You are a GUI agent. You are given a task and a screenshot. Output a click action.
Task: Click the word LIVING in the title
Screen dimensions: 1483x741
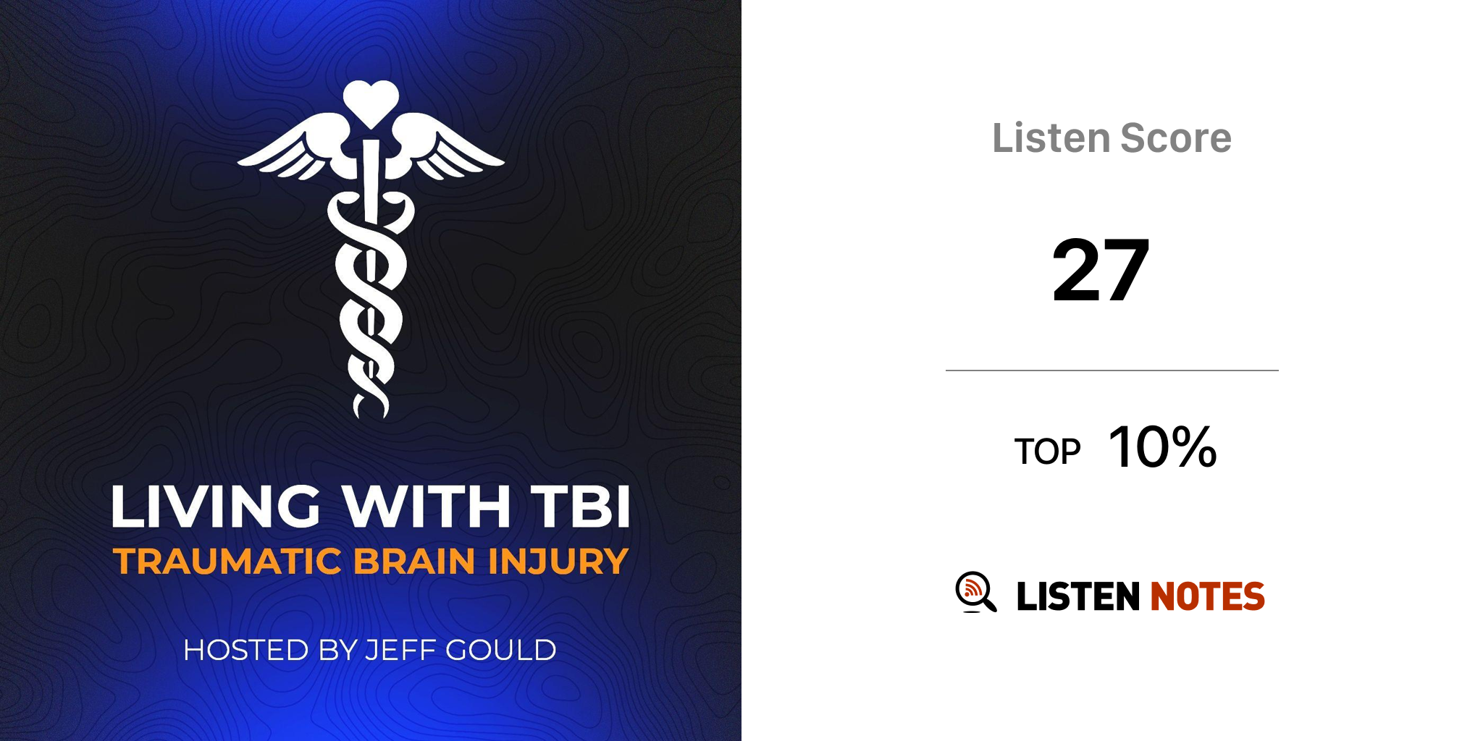tap(215, 506)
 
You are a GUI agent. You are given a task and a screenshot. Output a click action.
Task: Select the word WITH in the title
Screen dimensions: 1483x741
tap(427, 506)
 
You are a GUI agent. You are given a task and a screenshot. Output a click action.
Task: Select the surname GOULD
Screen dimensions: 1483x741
tap(500, 650)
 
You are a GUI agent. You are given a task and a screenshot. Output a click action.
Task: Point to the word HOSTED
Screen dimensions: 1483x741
tap(246, 650)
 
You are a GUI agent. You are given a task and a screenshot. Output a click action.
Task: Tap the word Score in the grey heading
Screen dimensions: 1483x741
tap(1176, 137)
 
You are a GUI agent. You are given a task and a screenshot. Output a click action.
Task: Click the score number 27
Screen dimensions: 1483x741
tap(1101, 270)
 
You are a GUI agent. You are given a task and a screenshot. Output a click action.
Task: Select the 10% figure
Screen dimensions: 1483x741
tap(1163, 446)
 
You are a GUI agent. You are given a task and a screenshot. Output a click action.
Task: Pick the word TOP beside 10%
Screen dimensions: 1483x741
tap(1047, 452)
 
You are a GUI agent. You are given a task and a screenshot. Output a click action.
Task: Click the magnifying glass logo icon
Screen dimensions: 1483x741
tap(975, 592)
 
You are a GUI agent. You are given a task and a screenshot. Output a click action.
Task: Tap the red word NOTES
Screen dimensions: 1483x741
tap(1207, 596)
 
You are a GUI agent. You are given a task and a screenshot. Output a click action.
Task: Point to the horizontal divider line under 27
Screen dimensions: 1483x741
tap(1112, 370)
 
